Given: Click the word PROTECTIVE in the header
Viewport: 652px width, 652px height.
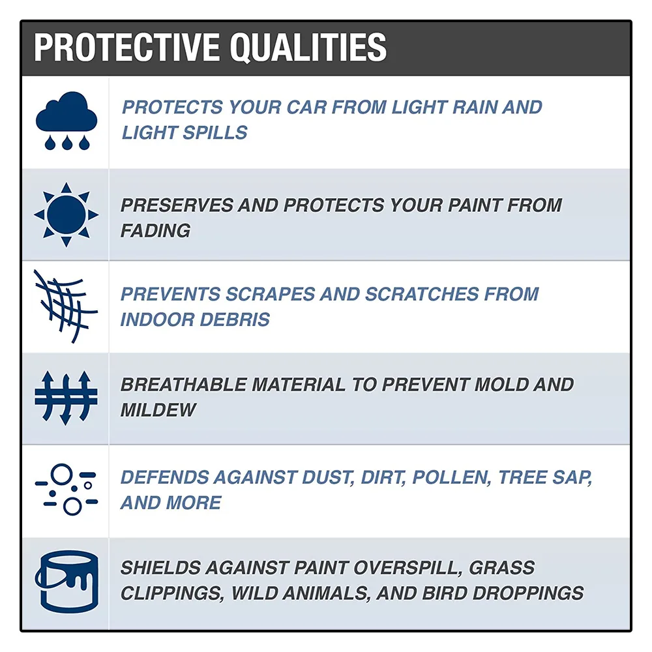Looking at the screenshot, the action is coord(126,48).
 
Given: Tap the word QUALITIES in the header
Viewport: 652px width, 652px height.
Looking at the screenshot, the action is coord(308,48).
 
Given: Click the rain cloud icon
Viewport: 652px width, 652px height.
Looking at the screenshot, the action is coord(67,121).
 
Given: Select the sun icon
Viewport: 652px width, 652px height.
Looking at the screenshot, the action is coord(66,215).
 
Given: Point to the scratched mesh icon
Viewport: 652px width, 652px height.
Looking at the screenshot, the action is coord(65,306).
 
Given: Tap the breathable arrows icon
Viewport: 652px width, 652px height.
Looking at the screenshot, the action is coord(66,398).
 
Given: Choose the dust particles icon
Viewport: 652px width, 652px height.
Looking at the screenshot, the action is coord(67,490).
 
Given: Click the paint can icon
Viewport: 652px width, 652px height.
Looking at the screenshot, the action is coord(67,582).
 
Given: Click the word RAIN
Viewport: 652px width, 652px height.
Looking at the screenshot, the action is coord(475,108).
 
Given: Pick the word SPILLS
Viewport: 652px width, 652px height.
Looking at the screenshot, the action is coord(215,132).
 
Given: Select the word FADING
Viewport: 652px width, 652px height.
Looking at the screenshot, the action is coord(155,230).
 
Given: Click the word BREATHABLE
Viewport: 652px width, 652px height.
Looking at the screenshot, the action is coord(183,385).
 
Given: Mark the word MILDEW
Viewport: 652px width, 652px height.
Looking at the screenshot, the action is coord(158,410).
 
